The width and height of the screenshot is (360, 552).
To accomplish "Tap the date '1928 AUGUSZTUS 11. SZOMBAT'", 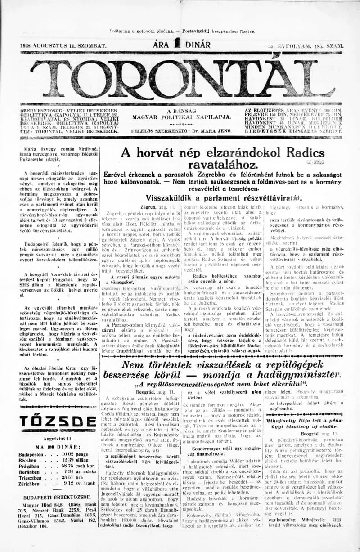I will (x=63, y=46).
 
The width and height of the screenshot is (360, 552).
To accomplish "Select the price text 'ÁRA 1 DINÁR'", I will (x=181, y=45).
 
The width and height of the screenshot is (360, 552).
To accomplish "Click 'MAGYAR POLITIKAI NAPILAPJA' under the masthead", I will (x=182, y=117).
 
